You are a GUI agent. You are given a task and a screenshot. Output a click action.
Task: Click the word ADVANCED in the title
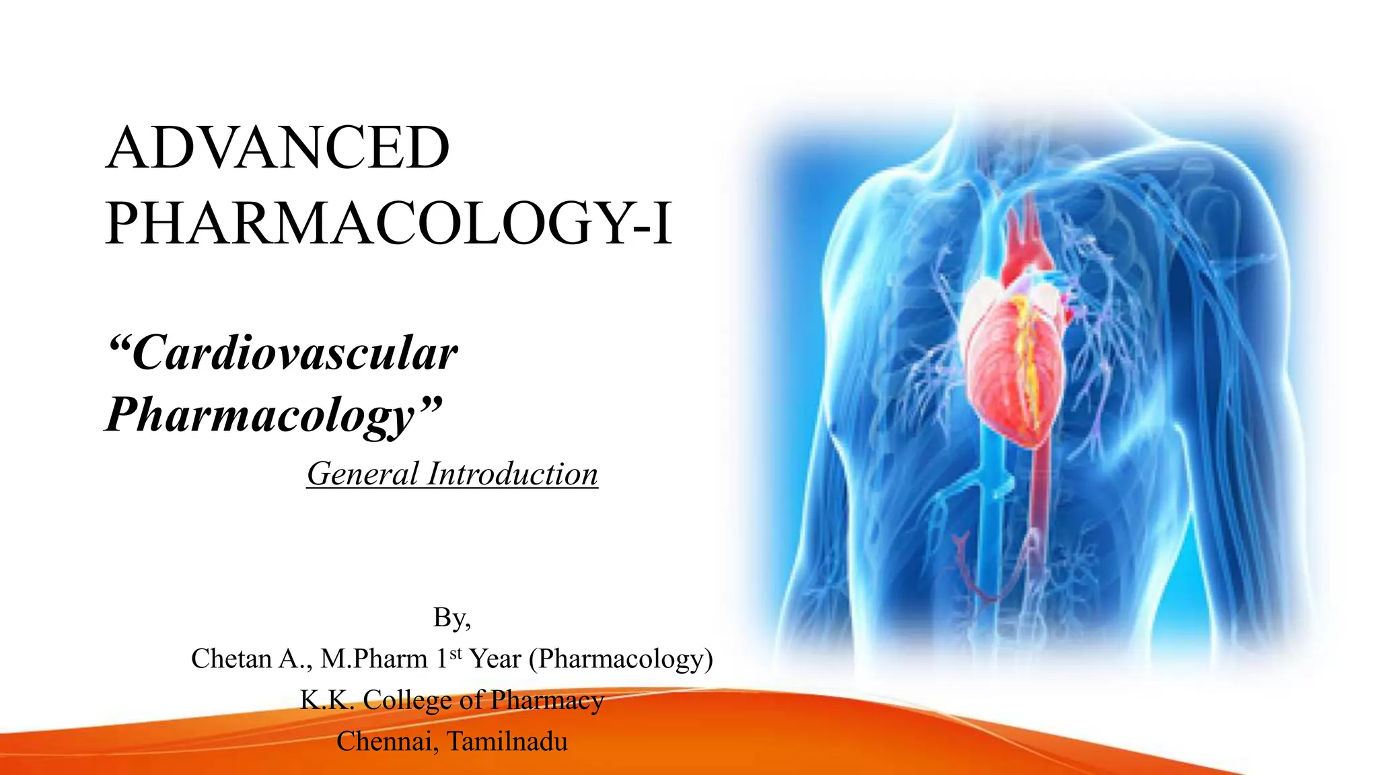pos(278,148)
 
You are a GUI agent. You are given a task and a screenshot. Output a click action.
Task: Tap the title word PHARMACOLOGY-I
pos(389,223)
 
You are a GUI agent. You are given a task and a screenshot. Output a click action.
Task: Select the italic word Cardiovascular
pos(295,353)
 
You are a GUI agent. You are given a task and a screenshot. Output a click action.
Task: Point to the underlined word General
pos(363,474)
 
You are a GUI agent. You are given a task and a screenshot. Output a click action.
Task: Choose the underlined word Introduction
pos(513,474)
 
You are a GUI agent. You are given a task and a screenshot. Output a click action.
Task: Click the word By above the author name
pos(449,617)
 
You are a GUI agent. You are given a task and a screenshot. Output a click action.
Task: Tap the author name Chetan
pos(231,659)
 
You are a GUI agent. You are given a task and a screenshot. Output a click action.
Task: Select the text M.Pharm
pos(374,659)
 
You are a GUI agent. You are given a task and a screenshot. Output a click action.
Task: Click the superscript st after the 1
pos(456,653)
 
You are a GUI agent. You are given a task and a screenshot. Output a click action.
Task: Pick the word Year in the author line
pos(495,659)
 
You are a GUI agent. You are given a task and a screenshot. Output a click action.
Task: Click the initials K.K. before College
pos(326,700)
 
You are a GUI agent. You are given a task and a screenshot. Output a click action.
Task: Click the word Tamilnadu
pos(507,741)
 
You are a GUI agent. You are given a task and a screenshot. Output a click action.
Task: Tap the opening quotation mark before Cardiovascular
pos(119,343)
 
